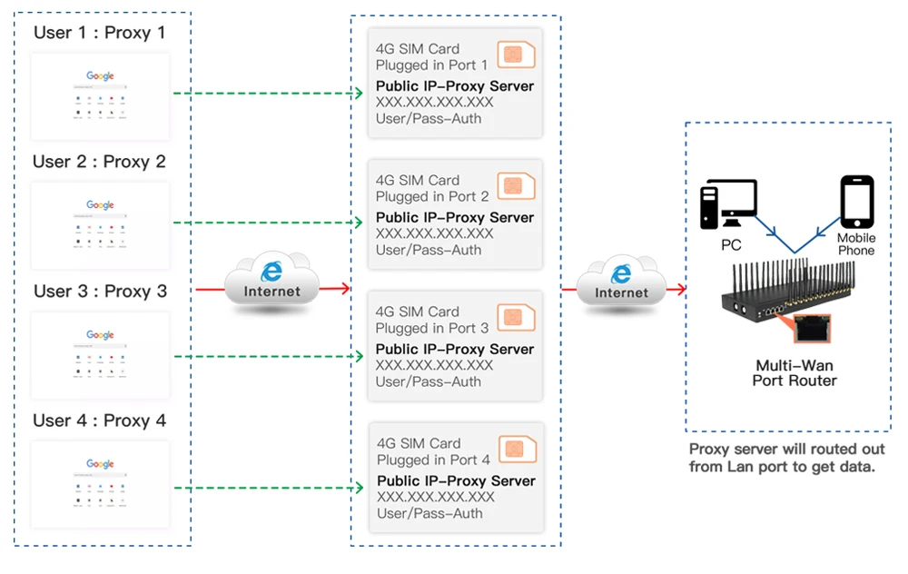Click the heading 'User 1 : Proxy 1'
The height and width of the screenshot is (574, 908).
click(100, 33)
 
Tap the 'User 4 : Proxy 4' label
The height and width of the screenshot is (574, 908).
click(100, 421)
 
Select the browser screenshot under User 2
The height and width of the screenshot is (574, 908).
click(100, 226)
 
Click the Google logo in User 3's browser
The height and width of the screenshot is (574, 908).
click(100, 335)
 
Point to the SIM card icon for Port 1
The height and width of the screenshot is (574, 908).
click(516, 54)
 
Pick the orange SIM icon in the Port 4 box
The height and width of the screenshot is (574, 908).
click(516, 449)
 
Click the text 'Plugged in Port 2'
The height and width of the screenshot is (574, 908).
click(432, 196)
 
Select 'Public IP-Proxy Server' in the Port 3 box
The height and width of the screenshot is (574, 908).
click(454, 349)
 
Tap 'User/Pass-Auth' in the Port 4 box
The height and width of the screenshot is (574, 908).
click(429, 513)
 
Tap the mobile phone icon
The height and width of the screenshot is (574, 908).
click(856, 202)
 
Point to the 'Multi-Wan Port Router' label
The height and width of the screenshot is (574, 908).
click(794, 373)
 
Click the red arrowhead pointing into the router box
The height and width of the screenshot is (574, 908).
click(678, 290)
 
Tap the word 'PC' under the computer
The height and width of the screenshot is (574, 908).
click(731, 245)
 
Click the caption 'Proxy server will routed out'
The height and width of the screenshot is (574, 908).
click(786, 450)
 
